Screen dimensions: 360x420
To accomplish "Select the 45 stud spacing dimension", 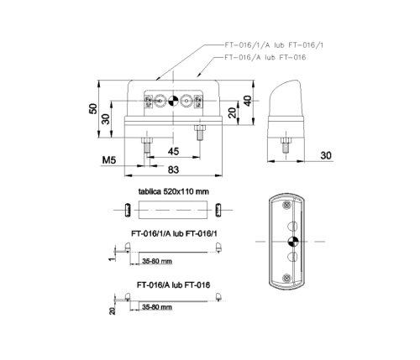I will (x=173, y=152).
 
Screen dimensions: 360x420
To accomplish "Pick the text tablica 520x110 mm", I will (x=172, y=192).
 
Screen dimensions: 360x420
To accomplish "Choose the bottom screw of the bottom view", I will (x=288, y=278).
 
